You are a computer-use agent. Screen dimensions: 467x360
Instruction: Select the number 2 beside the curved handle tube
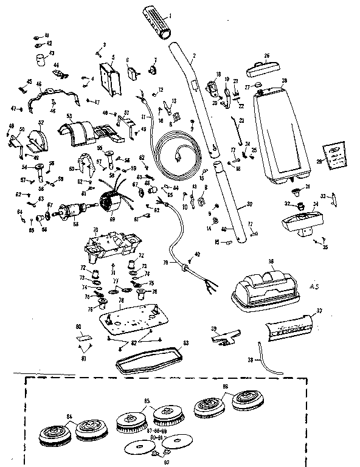pyautogui.click(x=193, y=56)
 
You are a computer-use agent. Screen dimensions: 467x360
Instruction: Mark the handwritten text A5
pyautogui.click(x=314, y=285)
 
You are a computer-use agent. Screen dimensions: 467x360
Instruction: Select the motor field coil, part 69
pyautogui.click(x=112, y=202)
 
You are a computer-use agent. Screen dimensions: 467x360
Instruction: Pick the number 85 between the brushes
pyautogui.click(x=146, y=401)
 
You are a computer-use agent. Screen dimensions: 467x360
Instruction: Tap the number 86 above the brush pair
pyautogui.click(x=225, y=386)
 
